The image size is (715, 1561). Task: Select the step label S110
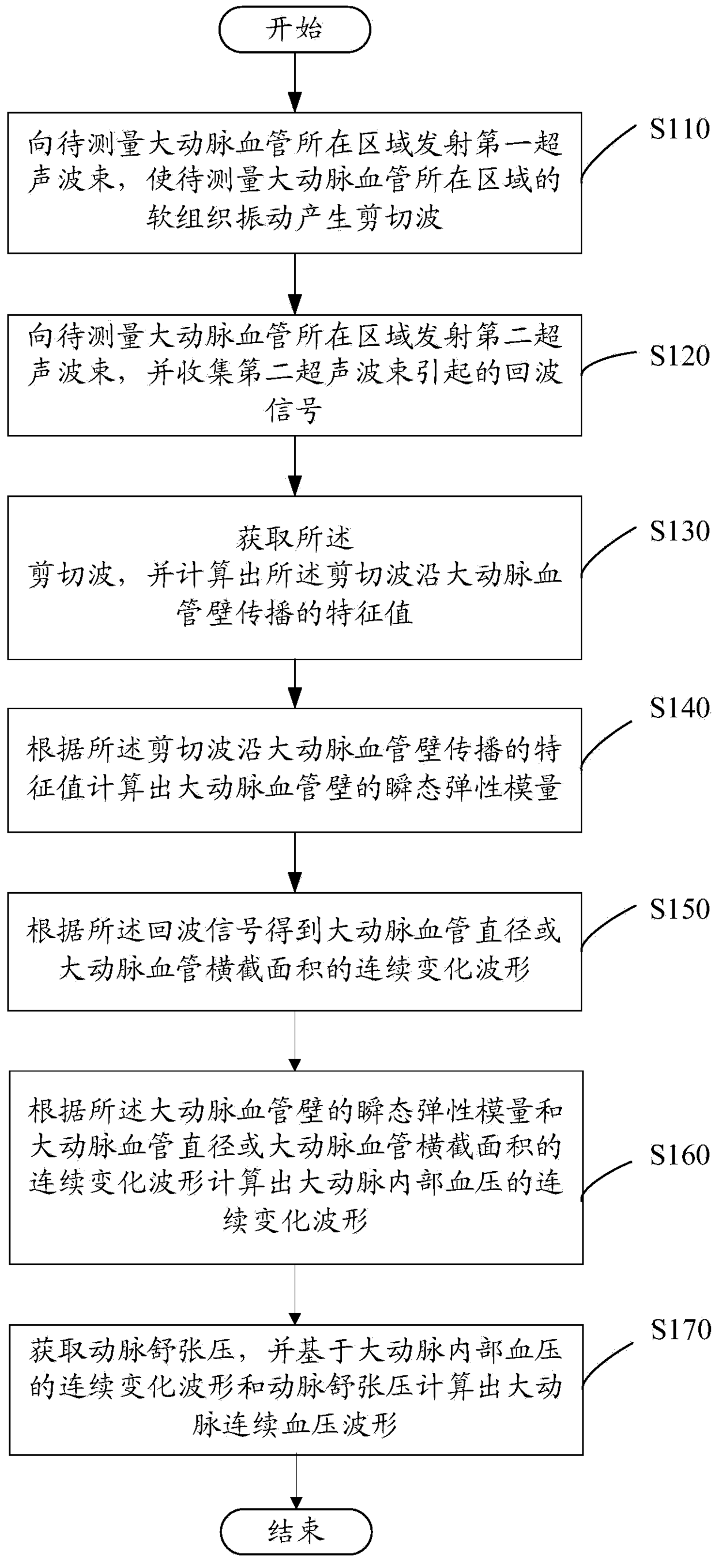pyautogui.click(x=679, y=130)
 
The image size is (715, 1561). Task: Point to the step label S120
pyautogui.click(x=679, y=356)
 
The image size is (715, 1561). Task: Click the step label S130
pyautogui.click(x=679, y=531)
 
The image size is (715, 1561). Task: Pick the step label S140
pyautogui.click(x=679, y=708)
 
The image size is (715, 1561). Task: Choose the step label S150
pyautogui.click(x=679, y=909)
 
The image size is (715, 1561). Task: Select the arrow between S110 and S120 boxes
pyautogui.click(x=295, y=284)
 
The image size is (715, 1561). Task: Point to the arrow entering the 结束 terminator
pyautogui.click(x=296, y=1481)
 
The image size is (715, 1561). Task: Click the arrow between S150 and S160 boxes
pyautogui.click(x=295, y=1040)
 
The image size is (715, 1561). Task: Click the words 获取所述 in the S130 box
pyautogui.click(x=295, y=537)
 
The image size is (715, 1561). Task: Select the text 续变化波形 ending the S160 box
pyautogui.click(x=295, y=1218)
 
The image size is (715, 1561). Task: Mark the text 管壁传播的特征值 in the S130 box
pyautogui.click(x=295, y=612)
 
